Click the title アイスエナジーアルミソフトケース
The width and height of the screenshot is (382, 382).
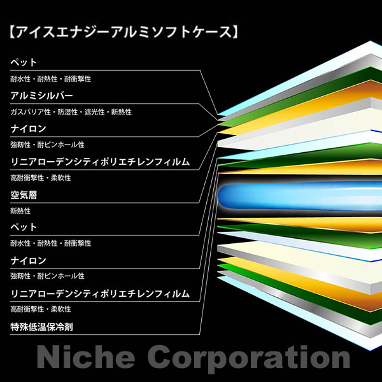(x=124, y=32)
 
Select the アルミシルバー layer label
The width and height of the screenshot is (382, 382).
(x=41, y=95)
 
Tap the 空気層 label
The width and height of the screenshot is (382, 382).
(x=24, y=195)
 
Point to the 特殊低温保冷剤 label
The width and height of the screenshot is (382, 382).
(x=41, y=327)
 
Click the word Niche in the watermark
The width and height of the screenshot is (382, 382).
(x=86, y=357)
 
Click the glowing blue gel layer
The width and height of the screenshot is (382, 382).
(x=300, y=196)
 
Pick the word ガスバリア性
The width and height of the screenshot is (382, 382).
(x=31, y=112)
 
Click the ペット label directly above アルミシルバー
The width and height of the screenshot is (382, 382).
(x=24, y=62)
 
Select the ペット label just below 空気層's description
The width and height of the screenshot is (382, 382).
(x=24, y=227)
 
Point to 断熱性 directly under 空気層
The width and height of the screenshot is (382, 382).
(x=20, y=211)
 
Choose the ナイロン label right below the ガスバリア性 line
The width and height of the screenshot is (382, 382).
(x=28, y=129)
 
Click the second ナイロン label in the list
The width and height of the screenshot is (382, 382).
(x=28, y=260)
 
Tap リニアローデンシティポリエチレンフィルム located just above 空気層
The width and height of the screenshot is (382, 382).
(x=100, y=162)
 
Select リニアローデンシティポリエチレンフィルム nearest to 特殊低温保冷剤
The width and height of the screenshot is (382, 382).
(x=100, y=294)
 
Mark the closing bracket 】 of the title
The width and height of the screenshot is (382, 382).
(x=234, y=32)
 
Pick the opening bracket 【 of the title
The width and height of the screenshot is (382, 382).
(x=12, y=32)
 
